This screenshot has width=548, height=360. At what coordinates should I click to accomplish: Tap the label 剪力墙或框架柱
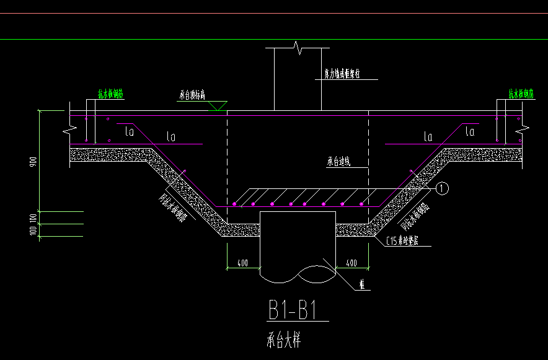click(342, 74)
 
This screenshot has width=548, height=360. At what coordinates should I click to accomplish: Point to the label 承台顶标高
click(192, 95)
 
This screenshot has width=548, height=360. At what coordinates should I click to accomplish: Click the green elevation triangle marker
click(218, 106)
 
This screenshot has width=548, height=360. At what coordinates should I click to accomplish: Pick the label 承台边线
click(338, 162)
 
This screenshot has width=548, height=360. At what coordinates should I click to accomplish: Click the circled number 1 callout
click(441, 186)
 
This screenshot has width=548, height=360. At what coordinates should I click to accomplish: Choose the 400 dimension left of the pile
click(243, 263)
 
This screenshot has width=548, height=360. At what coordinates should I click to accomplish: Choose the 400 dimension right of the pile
click(351, 263)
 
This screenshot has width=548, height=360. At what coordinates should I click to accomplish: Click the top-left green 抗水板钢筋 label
click(111, 94)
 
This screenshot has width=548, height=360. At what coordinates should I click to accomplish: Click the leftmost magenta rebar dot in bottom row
click(235, 203)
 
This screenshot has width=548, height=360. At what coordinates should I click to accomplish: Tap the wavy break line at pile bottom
click(298, 273)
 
